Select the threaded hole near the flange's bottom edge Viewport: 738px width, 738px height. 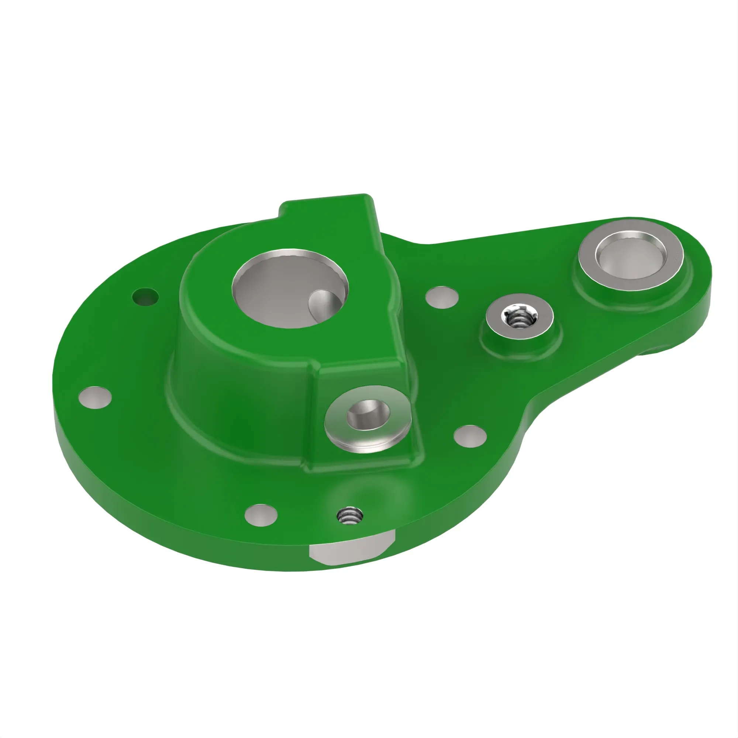tap(349, 517)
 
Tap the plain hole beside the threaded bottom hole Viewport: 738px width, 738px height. tap(261, 515)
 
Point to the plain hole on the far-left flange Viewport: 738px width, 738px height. tap(95, 397)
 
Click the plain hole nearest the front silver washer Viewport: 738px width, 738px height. tap(470, 436)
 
